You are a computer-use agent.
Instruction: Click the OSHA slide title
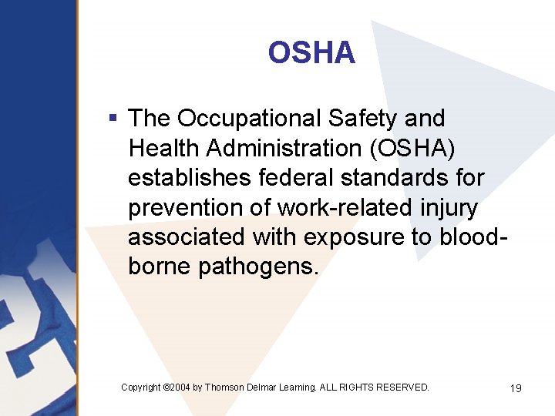(x=311, y=53)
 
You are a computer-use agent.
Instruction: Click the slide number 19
(x=516, y=388)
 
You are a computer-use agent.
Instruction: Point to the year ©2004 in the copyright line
(x=177, y=387)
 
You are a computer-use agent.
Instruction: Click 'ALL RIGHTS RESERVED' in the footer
(x=375, y=387)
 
